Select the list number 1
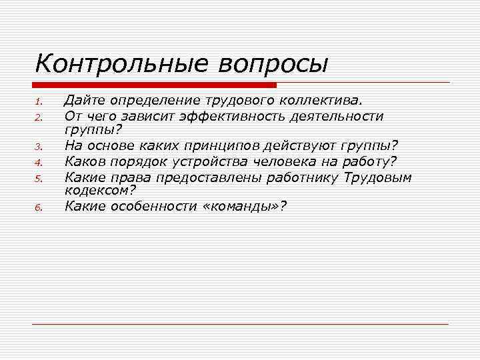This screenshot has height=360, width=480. point(39,102)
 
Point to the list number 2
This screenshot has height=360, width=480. point(39,118)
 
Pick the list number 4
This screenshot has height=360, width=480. point(39,163)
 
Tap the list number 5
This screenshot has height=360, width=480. point(39,178)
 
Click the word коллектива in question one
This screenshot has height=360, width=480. point(322,101)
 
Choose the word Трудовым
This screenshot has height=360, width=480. point(379,177)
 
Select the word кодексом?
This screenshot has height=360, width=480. point(100,189)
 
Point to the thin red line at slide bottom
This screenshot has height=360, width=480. point(240,324)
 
